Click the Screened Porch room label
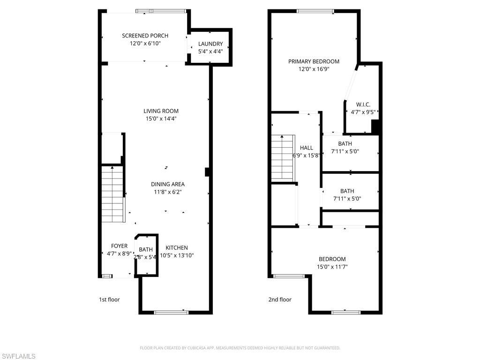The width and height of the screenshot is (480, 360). [x=145, y=36]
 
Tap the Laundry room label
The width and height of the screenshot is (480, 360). [x=210, y=44]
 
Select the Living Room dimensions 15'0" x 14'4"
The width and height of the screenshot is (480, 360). [x=161, y=119]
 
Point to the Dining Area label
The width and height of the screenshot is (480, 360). [x=167, y=184]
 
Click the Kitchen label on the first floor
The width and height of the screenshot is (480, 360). [x=177, y=248]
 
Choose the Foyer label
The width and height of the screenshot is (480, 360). [x=119, y=246]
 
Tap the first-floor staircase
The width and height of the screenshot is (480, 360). [x=112, y=194]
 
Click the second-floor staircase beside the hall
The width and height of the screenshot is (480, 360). [x=283, y=158]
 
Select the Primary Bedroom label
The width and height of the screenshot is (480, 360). [x=314, y=61]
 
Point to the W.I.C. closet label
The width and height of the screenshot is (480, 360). [x=363, y=105]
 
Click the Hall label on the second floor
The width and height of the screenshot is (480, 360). [x=307, y=148]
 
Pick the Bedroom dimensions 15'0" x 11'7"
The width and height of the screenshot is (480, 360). [x=332, y=267]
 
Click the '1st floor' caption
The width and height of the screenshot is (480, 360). [x=109, y=300]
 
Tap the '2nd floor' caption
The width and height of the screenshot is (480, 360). [x=280, y=300]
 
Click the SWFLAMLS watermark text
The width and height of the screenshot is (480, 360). [x=18, y=356]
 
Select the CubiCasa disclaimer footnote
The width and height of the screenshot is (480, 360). [x=240, y=348]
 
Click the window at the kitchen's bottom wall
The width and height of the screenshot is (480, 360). [x=171, y=312]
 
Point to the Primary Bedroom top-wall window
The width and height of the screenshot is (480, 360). [x=315, y=11]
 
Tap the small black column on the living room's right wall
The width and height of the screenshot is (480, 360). [x=207, y=172]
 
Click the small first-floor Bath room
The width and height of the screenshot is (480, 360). [x=146, y=254]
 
